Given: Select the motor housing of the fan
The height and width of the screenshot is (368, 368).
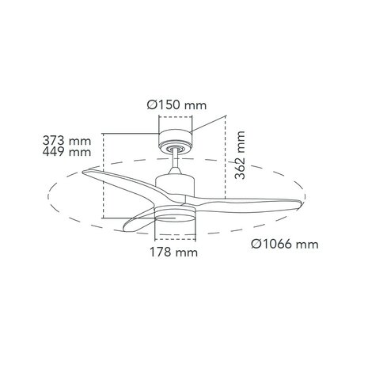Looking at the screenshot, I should tap(175, 187).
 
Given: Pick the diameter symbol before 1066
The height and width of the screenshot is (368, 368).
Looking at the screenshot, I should tap(256, 245).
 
